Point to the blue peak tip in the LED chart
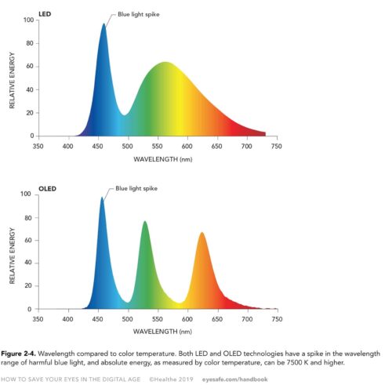click(103, 24)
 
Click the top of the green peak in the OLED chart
click(145, 222)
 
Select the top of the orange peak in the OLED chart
click(202, 233)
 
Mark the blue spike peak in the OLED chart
click(102, 198)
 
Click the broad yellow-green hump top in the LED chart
click(165, 63)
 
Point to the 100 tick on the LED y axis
click(28, 20)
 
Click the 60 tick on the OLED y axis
click(30, 240)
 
